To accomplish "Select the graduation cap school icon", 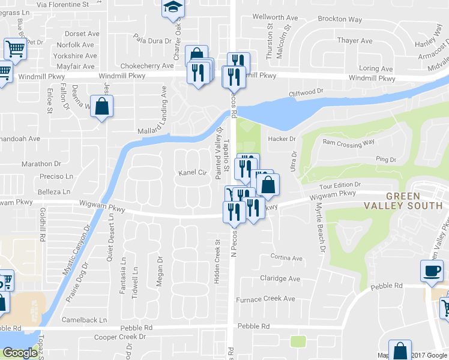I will [x=173, y=8].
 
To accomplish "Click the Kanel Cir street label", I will [x=193, y=173].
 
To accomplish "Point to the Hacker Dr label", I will [x=283, y=139].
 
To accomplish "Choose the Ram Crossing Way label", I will [x=348, y=142].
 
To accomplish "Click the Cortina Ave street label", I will [x=286, y=258].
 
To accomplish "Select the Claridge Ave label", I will [x=280, y=278].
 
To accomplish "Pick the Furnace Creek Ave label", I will [x=265, y=299].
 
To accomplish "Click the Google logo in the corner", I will [x=19, y=353].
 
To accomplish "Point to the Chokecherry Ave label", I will [x=146, y=65].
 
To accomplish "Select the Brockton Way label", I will [x=340, y=19].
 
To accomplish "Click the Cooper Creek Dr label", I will [x=120, y=337].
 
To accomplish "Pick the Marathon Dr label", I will [x=41, y=163].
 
